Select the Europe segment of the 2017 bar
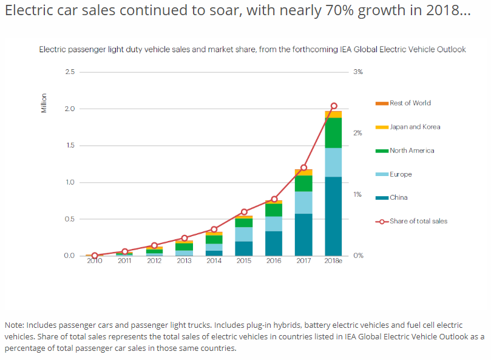[303, 202]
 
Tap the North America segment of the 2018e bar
[333, 132]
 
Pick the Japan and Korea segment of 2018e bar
[333, 114]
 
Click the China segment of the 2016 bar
[274, 243]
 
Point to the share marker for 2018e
[333, 106]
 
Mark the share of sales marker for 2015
[244, 212]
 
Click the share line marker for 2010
[95, 256]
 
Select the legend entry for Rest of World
[410, 103]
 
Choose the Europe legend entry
[401, 174]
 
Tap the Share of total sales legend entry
[418, 221]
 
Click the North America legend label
[412, 151]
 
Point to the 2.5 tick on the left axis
[69, 72]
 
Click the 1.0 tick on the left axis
[69, 182]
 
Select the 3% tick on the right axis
[357, 72]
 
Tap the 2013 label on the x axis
[184, 261]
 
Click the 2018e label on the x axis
[333, 261]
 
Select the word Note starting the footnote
[15, 325]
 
